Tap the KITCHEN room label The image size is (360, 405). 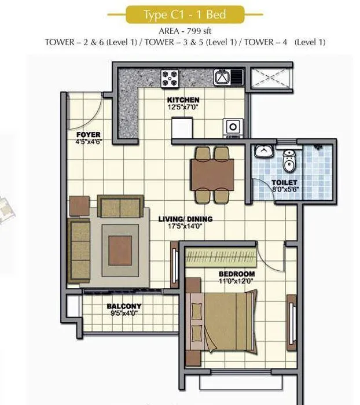click(183, 100)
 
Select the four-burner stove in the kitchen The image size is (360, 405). click(171, 78)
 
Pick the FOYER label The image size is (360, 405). click(88, 135)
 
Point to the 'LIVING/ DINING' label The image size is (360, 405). click(185, 219)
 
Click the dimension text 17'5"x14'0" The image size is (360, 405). click(185, 227)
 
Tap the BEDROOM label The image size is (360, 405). click(236, 274)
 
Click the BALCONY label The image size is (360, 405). click(123, 307)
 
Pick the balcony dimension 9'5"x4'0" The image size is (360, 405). click(123, 314)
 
